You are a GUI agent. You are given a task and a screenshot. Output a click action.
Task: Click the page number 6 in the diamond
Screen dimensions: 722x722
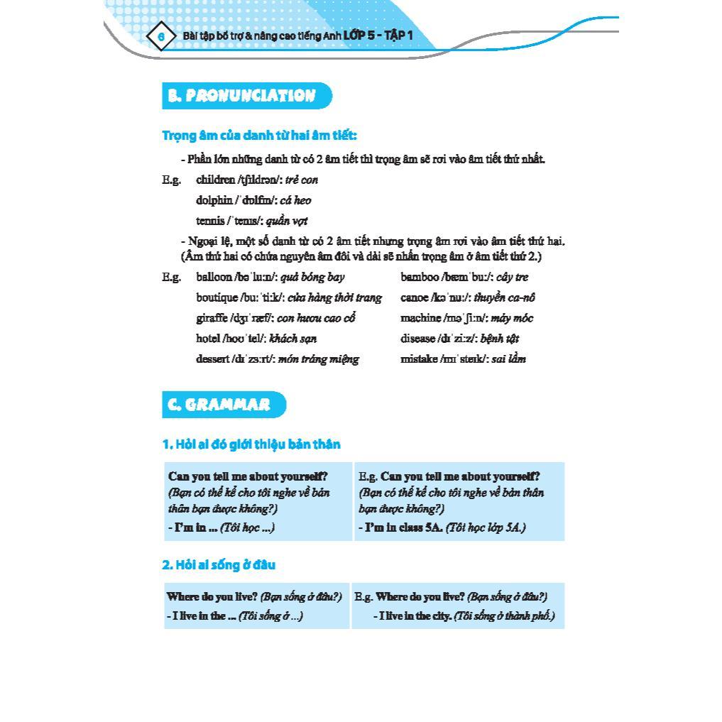pos(161,35)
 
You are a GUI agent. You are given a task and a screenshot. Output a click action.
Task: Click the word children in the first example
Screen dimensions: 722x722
pos(216,180)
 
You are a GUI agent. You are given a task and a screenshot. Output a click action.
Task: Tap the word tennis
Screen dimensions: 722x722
pos(210,221)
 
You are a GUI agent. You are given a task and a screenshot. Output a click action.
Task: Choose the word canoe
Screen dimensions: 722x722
pos(414,297)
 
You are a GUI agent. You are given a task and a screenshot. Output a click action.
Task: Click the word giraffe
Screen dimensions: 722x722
pos(212,318)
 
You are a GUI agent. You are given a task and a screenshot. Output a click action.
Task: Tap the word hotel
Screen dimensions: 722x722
pos(208,339)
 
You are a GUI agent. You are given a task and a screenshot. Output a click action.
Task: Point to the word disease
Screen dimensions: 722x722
pos(418,339)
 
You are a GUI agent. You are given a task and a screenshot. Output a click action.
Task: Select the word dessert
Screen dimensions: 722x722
pos(212,359)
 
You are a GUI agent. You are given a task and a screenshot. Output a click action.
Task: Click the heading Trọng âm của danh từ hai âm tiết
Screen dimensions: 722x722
pos(259,136)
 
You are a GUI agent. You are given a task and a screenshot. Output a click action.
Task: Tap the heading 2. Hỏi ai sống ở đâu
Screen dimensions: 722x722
pos(219,565)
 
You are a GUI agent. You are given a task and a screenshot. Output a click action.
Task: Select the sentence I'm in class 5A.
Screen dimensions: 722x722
pos(402,528)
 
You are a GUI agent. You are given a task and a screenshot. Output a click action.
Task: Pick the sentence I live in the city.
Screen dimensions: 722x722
pos(415,616)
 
